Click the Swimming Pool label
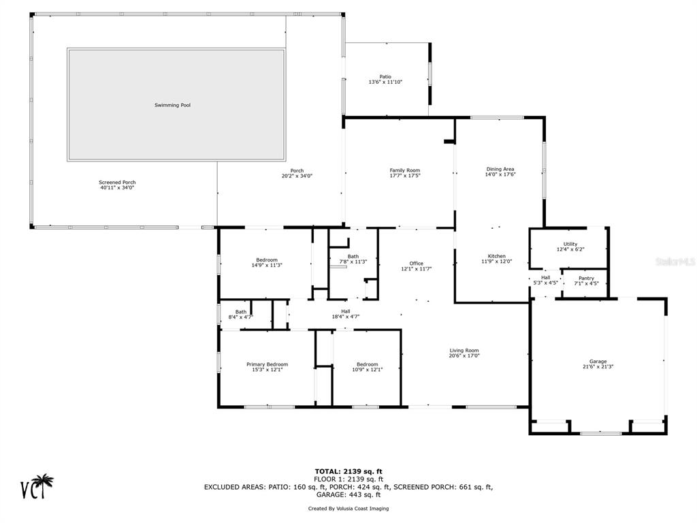tap(172, 106)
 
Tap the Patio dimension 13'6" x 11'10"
tap(385, 82)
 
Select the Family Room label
tap(405, 170)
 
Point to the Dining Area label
tap(500, 169)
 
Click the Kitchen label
tap(496, 256)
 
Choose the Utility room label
tap(570, 244)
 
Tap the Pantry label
tap(586, 279)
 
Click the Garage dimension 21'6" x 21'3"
tap(598, 367)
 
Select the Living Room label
tap(464, 351)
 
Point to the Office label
tap(417, 264)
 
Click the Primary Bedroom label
tap(267, 364)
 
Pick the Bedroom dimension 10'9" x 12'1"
tap(367, 370)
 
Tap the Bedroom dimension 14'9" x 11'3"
tap(267, 266)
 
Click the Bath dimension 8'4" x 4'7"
tap(241, 317)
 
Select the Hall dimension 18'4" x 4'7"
tap(345, 317)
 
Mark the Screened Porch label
tap(117, 183)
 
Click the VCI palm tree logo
tap(37, 486)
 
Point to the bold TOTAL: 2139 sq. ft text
tap(348, 471)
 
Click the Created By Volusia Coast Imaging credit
tap(348, 508)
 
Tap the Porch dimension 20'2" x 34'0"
tap(297, 176)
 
